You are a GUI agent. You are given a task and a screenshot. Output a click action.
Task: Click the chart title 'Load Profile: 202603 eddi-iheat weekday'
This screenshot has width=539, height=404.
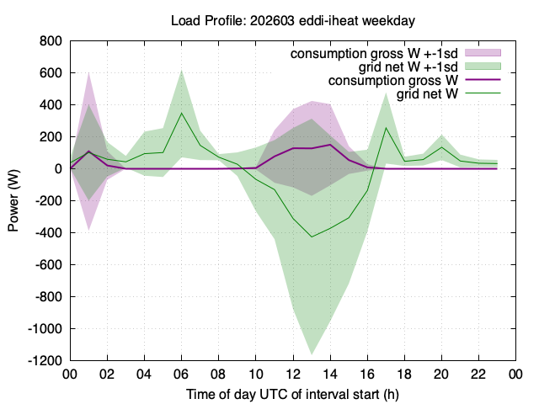point(293,20)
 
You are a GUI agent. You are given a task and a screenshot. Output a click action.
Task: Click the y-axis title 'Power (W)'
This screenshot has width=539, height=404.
point(13,200)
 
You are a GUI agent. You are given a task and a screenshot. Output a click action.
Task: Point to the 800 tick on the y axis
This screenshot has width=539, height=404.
point(51,41)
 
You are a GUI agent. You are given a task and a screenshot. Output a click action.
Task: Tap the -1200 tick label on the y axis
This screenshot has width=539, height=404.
point(45,361)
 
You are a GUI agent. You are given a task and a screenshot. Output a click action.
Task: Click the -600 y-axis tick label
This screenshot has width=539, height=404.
point(49,265)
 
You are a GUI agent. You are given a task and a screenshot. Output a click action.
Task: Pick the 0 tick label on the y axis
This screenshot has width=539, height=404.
point(58,168)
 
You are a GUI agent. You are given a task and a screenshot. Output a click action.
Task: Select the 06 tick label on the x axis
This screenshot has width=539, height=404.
point(181,374)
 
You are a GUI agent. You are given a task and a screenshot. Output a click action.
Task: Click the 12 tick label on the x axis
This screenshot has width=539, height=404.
point(293,374)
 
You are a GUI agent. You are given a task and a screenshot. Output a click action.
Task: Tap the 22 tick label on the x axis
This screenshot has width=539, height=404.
point(478,374)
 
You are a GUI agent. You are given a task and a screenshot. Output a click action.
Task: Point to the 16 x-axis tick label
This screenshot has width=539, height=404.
point(367,374)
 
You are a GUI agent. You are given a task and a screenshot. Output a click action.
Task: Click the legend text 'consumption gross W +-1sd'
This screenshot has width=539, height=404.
point(374,54)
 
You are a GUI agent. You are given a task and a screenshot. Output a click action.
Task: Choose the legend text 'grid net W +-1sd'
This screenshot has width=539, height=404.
point(408,66)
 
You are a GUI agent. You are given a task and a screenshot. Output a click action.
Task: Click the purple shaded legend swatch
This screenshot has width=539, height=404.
point(483,53)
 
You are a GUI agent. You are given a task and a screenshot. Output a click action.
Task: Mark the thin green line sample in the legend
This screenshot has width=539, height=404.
point(483,93)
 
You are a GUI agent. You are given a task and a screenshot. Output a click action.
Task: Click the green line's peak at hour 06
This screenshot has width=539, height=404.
point(181,113)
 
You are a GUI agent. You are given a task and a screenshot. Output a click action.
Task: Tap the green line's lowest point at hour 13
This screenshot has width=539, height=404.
point(312,237)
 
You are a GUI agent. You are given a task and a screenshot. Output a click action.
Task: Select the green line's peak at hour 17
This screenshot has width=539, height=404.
point(386,128)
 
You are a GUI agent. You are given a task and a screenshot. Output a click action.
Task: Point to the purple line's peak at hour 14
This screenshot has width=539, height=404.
point(330,145)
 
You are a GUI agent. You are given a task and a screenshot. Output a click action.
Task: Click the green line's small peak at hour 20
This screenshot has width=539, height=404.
point(441,147)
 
